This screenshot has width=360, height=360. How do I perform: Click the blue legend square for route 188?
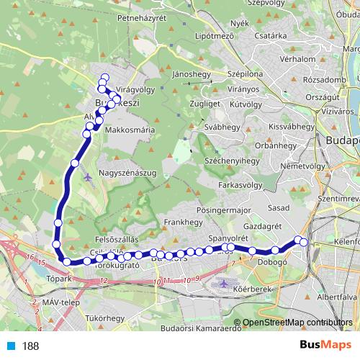(7, 346)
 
